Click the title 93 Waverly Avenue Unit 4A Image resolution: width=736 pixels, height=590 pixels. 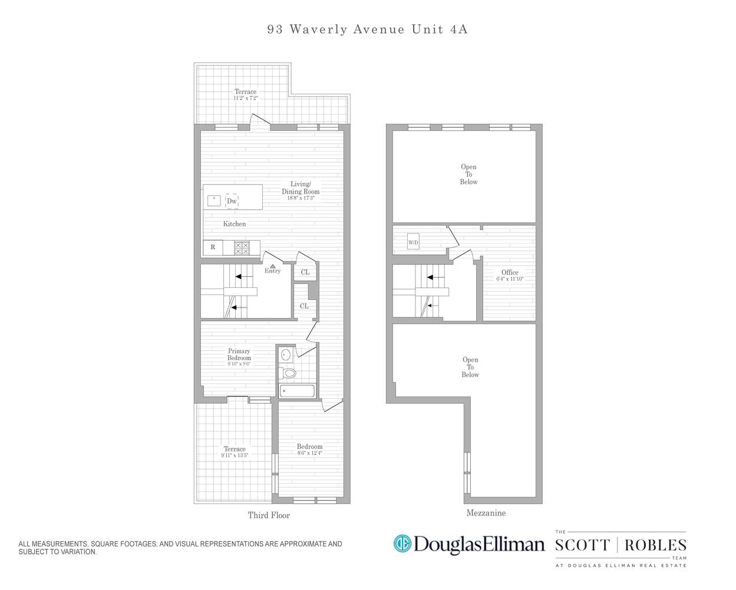(367, 29)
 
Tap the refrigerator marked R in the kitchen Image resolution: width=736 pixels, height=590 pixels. (213, 247)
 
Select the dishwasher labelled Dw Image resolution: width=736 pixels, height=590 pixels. (232, 201)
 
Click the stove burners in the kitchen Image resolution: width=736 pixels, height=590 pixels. (242, 248)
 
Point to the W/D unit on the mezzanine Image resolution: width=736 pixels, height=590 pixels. (413, 242)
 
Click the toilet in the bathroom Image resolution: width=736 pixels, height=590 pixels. (288, 373)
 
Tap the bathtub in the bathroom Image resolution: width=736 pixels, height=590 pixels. (297, 391)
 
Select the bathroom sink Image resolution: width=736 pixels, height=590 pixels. (286, 355)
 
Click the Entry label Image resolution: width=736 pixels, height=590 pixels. (272, 271)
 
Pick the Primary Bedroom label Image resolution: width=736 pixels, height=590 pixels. (239, 355)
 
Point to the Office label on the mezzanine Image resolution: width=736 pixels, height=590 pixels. (510, 273)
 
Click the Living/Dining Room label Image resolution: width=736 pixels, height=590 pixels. (301, 188)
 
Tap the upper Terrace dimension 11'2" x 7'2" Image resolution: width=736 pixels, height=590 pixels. (245, 98)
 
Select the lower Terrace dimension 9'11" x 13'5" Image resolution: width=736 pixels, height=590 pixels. (235, 455)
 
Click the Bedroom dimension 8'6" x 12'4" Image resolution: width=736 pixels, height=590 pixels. (309, 453)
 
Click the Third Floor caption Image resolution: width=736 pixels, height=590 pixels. (269, 515)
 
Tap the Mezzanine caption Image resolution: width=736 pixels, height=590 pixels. (486, 513)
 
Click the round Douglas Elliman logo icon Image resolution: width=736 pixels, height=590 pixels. (402, 543)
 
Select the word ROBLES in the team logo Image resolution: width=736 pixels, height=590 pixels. (655, 545)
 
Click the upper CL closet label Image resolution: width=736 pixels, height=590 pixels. (305, 272)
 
